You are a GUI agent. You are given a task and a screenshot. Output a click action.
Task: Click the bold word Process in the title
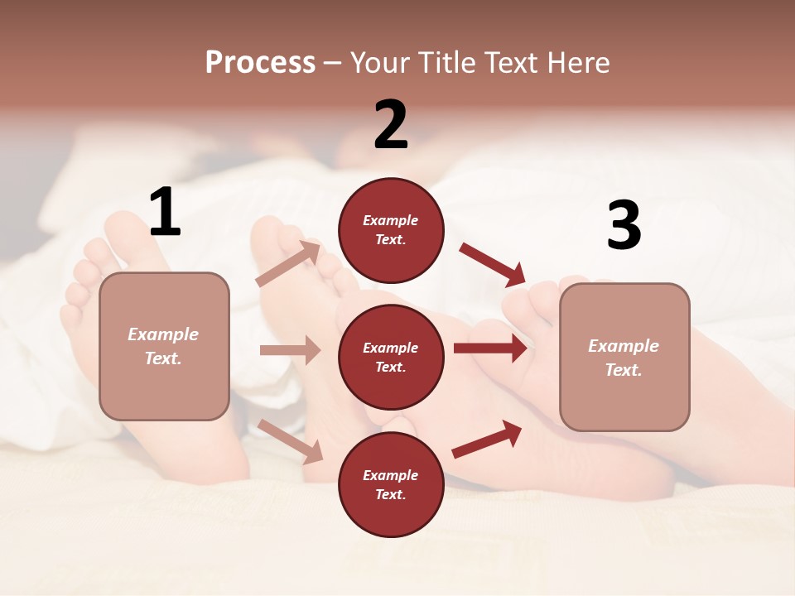click(260, 63)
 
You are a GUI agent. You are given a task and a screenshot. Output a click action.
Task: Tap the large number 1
click(165, 213)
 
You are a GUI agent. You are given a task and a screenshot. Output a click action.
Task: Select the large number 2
click(391, 125)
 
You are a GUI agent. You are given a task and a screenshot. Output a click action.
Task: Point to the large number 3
click(624, 226)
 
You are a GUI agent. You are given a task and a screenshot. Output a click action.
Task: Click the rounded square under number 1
click(164, 346)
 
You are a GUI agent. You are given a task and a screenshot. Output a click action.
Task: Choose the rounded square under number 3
click(624, 357)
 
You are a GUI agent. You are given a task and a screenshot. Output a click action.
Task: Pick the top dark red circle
click(391, 230)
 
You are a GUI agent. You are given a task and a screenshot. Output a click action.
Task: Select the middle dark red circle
click(391, 357)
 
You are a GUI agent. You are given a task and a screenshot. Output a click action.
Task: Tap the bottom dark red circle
click(391, 484)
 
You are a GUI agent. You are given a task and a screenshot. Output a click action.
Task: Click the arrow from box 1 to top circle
click(288, 264)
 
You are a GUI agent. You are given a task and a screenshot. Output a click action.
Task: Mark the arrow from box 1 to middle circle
click(290, 350)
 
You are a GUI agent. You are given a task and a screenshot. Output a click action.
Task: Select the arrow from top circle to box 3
click(492, 265)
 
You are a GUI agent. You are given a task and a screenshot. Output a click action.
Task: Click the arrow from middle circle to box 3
click(490, 348)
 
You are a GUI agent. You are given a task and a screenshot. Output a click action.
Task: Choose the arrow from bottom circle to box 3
click(487, 439)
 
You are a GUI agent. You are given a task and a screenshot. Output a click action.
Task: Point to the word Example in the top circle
click(391, 221)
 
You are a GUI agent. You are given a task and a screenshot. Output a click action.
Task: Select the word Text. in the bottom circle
click(391, 494)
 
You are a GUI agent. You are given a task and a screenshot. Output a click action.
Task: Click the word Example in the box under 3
click(624, 346)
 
